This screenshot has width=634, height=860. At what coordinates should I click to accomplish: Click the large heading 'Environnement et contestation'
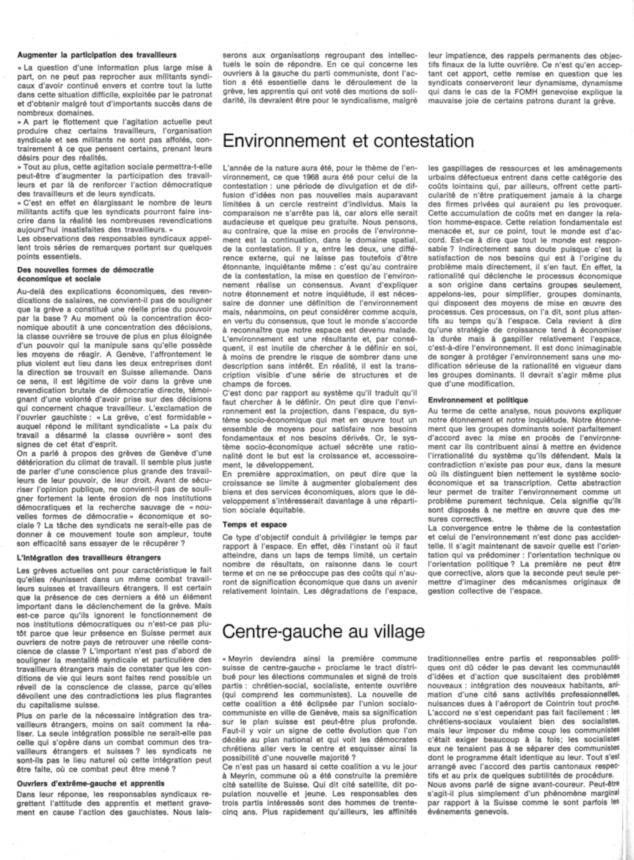[348, 141]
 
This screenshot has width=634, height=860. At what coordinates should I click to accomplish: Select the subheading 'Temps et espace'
[255, 525]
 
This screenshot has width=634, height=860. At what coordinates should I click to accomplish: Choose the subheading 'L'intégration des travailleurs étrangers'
[89, 557]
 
